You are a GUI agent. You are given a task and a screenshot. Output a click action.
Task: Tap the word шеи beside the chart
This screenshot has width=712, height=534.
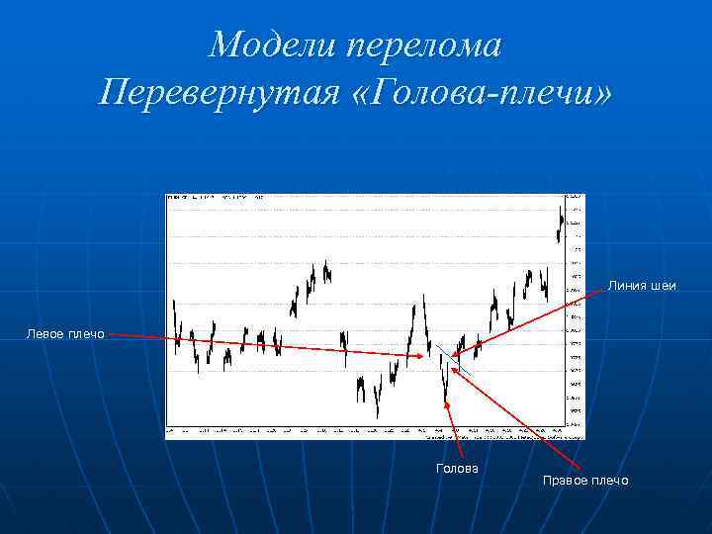coord(663,287)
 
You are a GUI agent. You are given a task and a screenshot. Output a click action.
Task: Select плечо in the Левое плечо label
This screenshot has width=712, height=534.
coord(87,335)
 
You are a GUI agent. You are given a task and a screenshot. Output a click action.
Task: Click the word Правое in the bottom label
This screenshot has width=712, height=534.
coord(565,481)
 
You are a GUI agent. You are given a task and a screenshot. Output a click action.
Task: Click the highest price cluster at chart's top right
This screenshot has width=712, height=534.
coord(561,222)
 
